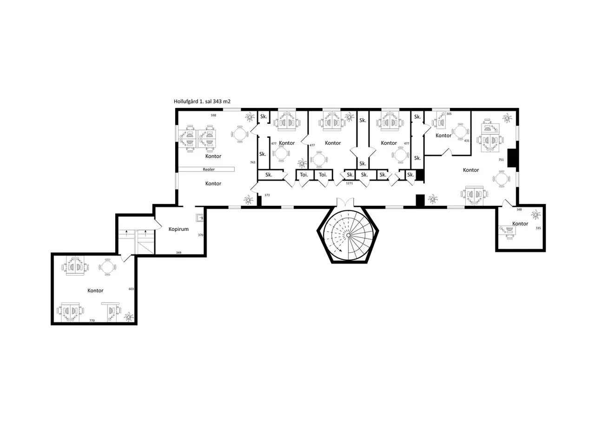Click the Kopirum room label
click(178, 229)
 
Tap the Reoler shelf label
click(208, 169)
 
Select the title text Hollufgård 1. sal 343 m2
click(202, 101)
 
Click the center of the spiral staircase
click(348, 235)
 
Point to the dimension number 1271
click(350, 183)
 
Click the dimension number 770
click(92, 320)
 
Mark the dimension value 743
click(252, 163)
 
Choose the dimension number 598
click(213, 115)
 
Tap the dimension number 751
click(501, 160)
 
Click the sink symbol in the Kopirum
click(199, 217)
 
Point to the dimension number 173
click(267, 195)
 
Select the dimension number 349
click(178, 252)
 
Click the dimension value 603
click(131, 289)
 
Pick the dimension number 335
click(538, 228)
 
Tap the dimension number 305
click(449, 114)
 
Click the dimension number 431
click(467, 141)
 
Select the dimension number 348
click(519, 209)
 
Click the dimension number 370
click(200, 235)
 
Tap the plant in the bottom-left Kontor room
click(129, 317)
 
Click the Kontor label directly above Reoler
click(213, 156)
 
